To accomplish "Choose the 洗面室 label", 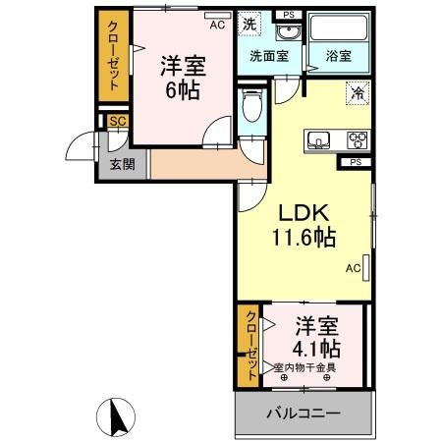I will point(267,56).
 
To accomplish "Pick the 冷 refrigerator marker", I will point(357,96).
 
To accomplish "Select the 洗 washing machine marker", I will point(250,23).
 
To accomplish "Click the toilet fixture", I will point(250,107).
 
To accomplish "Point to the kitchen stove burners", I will point(357,138).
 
